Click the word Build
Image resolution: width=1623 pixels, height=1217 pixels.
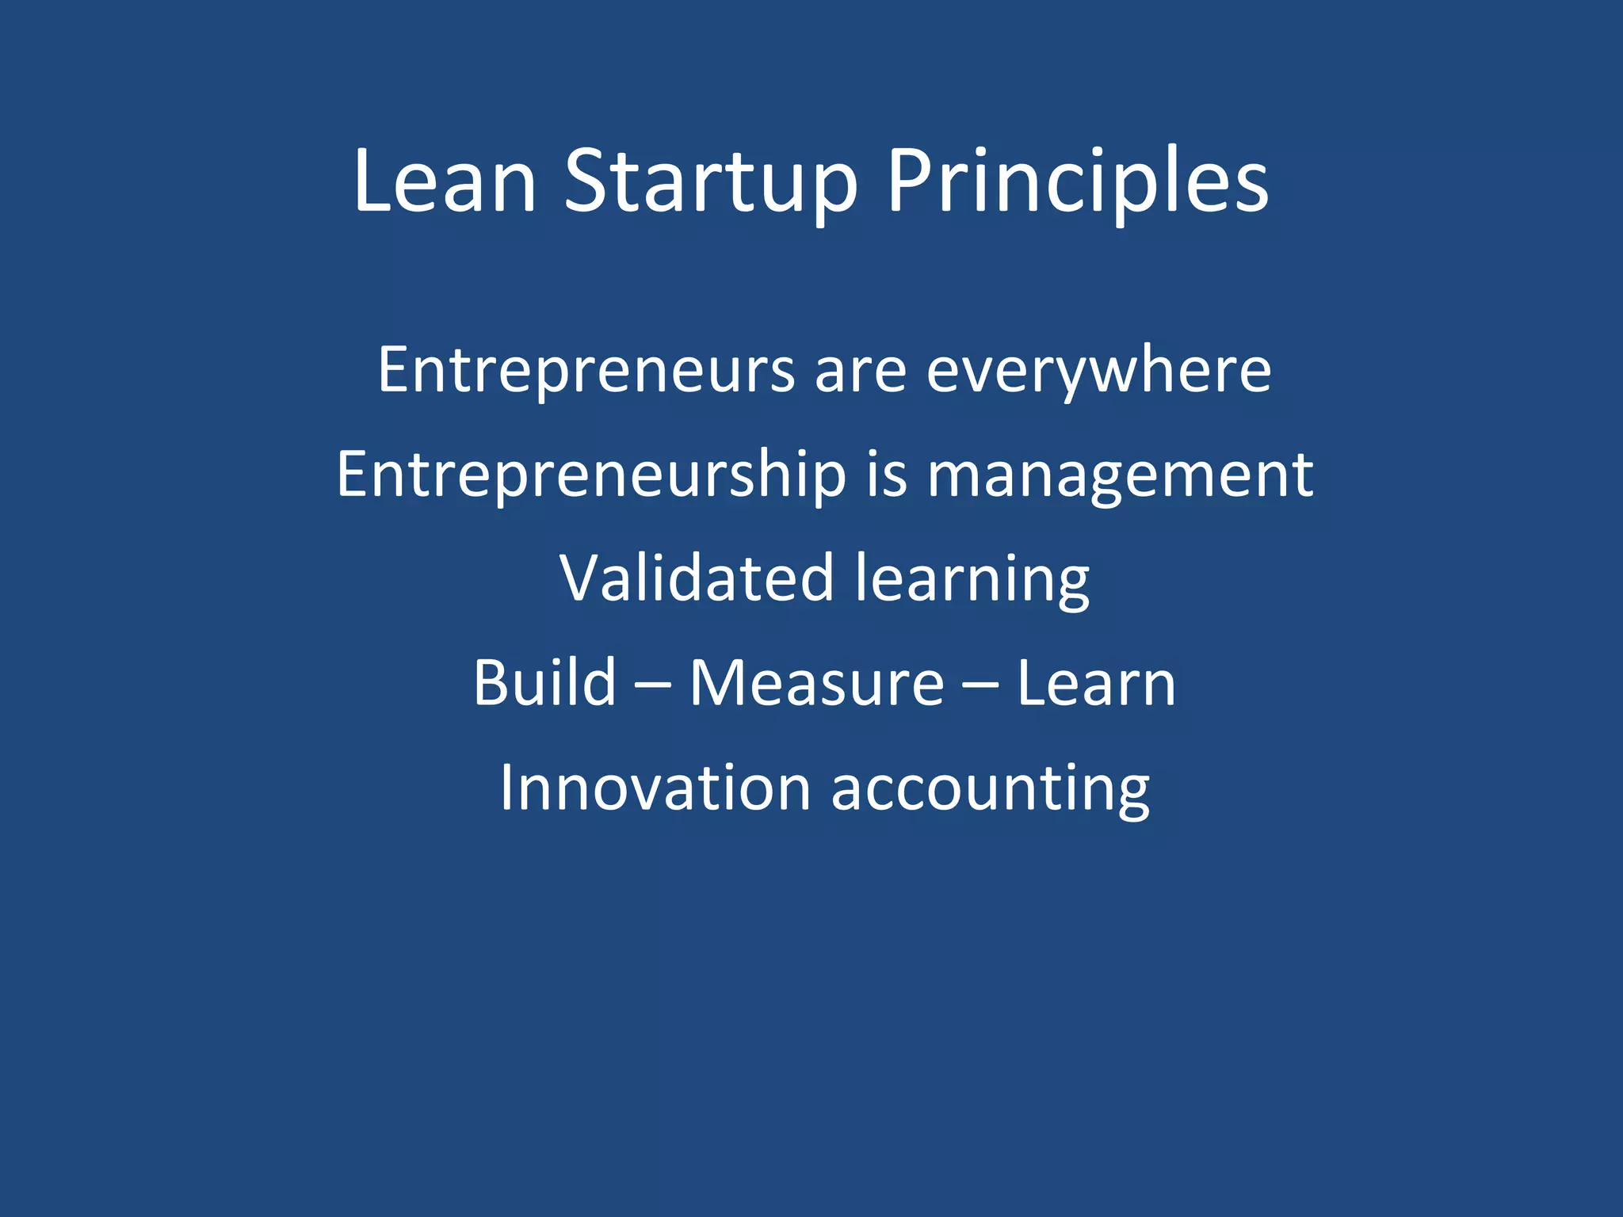pos(544,682)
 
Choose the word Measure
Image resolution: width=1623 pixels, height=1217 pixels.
pos(816,683)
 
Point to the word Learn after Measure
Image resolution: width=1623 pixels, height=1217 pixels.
pos(1096,683)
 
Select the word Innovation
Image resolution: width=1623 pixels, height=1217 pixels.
pos(655,788)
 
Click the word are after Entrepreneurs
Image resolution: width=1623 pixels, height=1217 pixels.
pos(861,372)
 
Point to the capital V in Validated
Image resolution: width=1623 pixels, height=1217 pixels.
pos(583,578)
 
